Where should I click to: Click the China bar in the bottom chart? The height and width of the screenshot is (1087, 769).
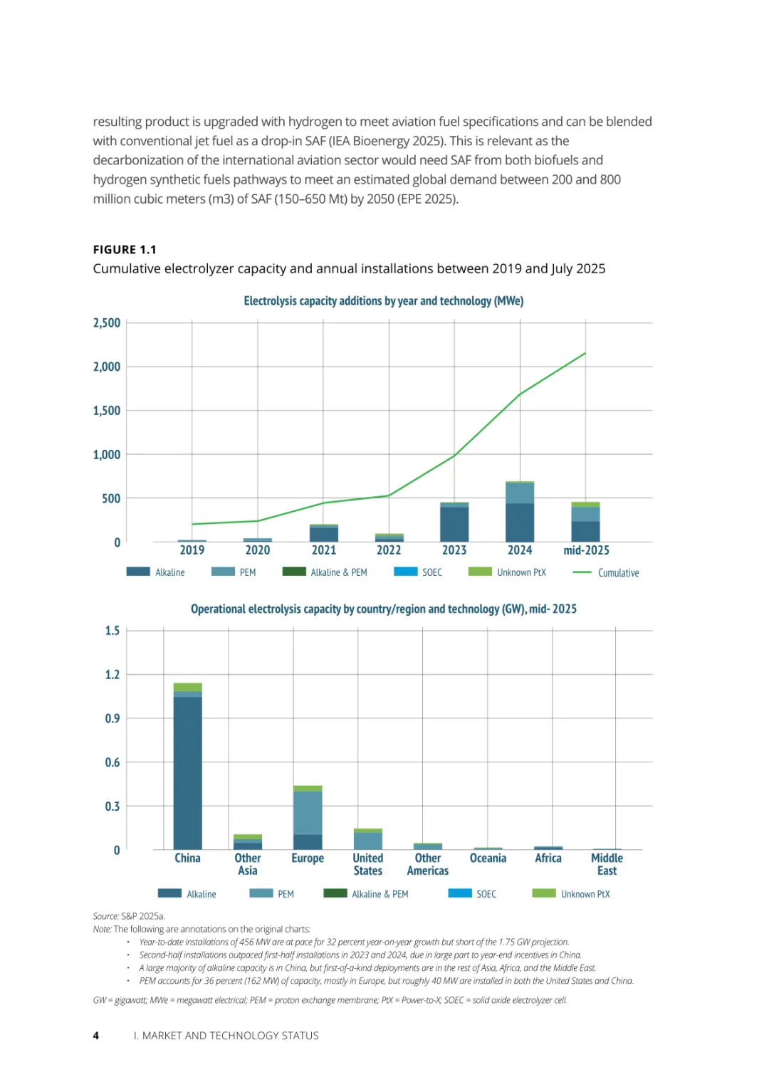click(x=187, y=769)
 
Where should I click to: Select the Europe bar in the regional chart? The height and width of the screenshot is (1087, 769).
click(x=308, y=819)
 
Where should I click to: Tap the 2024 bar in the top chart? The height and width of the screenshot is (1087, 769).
click(x=520, y=513)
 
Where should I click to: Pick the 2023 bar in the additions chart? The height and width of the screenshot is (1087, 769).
click(x=454, y=523)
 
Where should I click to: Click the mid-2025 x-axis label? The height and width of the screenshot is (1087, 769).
click(x=586, y=550)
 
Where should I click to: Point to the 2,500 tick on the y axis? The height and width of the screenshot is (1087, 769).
click(x=107, y=323)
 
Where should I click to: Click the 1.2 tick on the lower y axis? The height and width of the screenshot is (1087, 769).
click(x=113, y=675)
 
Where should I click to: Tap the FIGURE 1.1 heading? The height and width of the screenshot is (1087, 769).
click(x=125, y=250)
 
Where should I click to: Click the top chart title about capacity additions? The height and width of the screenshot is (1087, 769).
click(x=383, y=301)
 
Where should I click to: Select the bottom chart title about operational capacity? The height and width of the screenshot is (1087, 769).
click(x=383, y=609)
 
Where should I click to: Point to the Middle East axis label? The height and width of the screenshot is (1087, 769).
click(x=607, y=864)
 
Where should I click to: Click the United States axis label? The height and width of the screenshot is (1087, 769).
click(x=367, y=864)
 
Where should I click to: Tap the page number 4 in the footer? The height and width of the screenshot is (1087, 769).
click(x=96, y=1036)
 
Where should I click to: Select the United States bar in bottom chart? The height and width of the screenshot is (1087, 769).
click(x=367, y=840)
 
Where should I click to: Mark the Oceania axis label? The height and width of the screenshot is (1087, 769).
click(x=488, y=858)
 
